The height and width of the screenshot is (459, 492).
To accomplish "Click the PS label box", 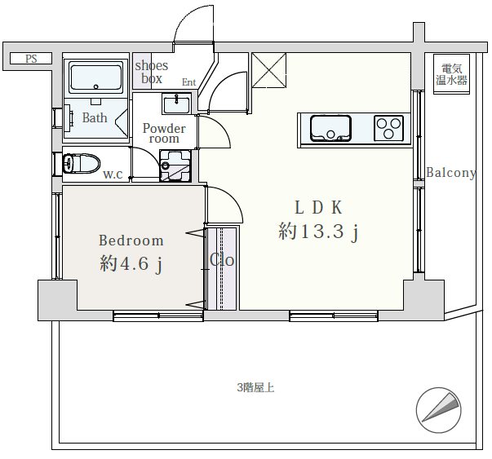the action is click(x=31, y=59).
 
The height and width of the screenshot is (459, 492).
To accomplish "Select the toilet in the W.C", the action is click(x=82, y=163).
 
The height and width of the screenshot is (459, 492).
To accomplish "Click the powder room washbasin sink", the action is click(x=176, y=104).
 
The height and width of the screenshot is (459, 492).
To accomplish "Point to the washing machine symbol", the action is click(x=175, y=166).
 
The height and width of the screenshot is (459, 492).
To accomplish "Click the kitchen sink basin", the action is click(x=330, y=128).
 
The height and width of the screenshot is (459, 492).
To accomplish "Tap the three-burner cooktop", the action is click(x=388, y=128).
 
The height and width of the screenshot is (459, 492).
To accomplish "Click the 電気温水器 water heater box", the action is click(x=451, y=74).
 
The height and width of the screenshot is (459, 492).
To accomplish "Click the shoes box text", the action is click(x=152, y=72).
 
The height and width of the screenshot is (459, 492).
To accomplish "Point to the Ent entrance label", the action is click(x=189, y=82).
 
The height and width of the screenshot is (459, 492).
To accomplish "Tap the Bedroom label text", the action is click(x=131, y=241).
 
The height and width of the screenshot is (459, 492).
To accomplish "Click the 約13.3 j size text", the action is click(x=318, y=232).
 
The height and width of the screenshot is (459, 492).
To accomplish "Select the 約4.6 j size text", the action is click(x=131, y=263).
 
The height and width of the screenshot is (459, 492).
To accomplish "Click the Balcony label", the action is click(x=451, y=173).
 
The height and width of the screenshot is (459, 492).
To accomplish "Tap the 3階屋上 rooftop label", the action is click(x=255, y=388).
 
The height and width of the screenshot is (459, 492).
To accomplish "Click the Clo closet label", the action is click(x=222, y=260).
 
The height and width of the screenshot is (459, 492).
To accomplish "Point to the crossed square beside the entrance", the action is click(x=269, y=71).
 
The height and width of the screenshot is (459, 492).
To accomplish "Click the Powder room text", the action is click(x=164, y=133).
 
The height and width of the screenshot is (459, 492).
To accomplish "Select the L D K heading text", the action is click(x=318, y=207).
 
